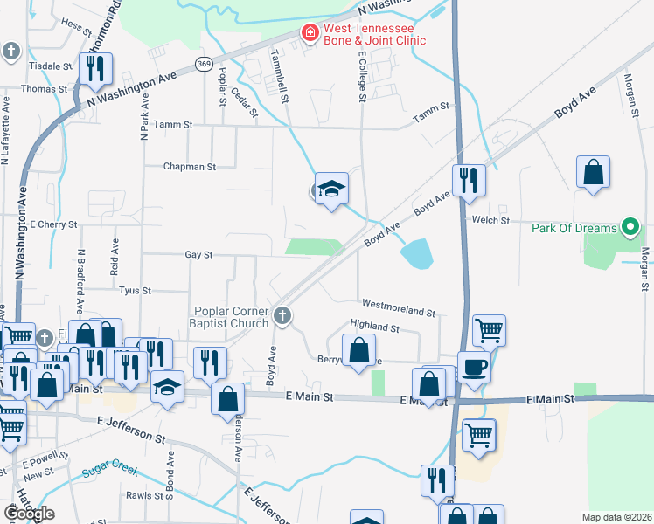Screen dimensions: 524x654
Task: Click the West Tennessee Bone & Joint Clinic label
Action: tap(374, 34)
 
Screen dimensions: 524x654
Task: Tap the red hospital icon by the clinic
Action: tap(310, 33)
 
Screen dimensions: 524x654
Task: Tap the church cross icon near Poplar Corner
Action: tap(282, 314)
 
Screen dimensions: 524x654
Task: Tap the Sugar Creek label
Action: tap(111, 472)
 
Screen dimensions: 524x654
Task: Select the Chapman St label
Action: tap(189, 166)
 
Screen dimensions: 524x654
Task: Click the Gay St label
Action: tap(198, 255)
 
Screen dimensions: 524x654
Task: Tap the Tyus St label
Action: tap(135, 290)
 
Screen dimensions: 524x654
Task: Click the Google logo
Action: tap(29, 513)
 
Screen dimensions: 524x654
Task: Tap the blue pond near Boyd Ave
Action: tap(416, 254)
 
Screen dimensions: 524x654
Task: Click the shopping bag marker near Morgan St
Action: tap(593, 172)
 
